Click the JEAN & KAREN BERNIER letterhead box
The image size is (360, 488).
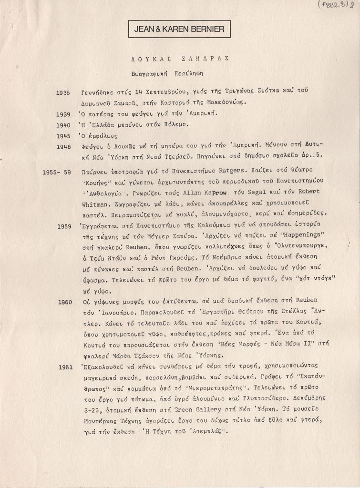(179, 29)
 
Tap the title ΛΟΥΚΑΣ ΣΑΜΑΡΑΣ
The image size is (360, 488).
(180, 59)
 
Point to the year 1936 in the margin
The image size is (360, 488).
(63, 92)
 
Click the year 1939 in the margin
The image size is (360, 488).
(63, 114)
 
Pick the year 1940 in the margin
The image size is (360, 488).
(63, 125)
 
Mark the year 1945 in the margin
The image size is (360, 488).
(63, 136)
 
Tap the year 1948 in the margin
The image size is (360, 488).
(63, 147)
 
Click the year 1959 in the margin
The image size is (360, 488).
(64, 226)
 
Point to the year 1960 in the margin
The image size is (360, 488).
(65, 302)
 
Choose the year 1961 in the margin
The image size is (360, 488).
(65, 367)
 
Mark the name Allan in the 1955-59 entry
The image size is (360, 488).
(191, 192)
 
